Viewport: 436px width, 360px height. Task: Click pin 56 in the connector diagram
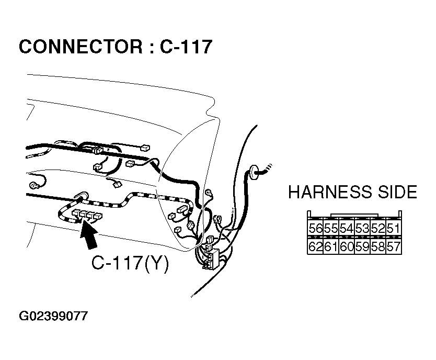tap(315, 229)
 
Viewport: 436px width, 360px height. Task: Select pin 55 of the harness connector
tap(330, 229)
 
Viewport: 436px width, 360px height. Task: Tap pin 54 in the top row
tap(346, 229)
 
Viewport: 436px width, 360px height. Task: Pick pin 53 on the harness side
tap(362, 229)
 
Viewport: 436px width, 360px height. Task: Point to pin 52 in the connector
tap(377, 229)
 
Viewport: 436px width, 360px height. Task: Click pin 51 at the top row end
tap(393, 229)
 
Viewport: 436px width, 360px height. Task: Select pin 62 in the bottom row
tap(315, 246)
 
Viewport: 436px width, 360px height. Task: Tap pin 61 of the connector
tap(330, 246)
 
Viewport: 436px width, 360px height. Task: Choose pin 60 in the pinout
tap(346, 246)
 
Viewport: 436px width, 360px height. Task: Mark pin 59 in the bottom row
tap(362, 246)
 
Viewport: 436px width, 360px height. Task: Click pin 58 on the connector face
tap(377, 246)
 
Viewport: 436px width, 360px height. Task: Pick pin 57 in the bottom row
tap(393, 246)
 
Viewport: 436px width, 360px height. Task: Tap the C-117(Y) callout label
tap(130, 263)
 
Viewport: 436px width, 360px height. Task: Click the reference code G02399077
tap(53, 317)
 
